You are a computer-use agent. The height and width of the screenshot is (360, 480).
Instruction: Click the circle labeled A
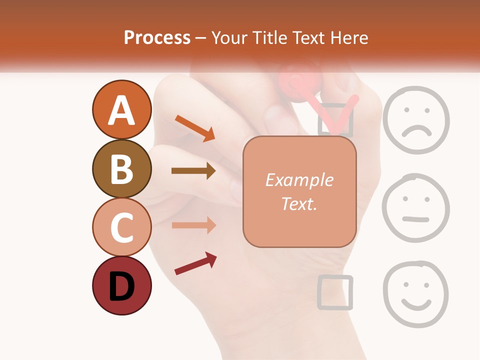pyautogui.click(x=121, y=110)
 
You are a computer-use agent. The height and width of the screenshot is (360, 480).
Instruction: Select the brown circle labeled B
pyautogui.click(x=121, y=169)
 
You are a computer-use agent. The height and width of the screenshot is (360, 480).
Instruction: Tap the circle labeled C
pyautogui.click(x=121, y=227)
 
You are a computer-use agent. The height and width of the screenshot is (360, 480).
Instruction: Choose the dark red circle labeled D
pyautogui.click(x=121, y=286)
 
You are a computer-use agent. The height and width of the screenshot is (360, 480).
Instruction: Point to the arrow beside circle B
pyautogui.click(x=193, y=171)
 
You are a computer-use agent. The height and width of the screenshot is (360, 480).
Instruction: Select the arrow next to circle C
pyautogui.click(x=193, y=225)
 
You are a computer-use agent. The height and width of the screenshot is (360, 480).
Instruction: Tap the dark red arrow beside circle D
pyautogui.click(x=195, y=263)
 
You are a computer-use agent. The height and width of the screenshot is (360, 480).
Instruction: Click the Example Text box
pyautogui.click(x=299, y=192)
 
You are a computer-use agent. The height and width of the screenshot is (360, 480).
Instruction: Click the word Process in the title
pyautogui.click(x=157, y=37)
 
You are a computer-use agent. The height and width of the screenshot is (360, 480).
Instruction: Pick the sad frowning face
pyautogui.click(x=416, y=119)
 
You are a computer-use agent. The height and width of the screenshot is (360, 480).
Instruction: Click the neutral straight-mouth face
pyautogui.click(x=415, y=208)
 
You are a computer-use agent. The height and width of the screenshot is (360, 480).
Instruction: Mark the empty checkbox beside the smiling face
pyautogui.click(x=335, y=291)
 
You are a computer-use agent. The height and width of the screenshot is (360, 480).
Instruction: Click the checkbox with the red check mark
pyautogui.click(x=335, y=120)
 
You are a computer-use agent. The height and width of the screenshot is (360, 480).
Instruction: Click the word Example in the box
pyautogui.click(x=299, y=180)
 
